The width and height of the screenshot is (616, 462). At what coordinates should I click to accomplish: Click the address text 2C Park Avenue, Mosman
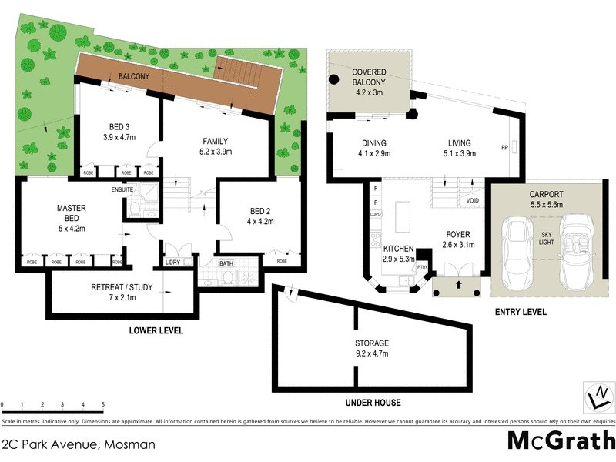click(x=79, y=444)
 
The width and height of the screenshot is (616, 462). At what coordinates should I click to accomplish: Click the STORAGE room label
click(x=372, y=348)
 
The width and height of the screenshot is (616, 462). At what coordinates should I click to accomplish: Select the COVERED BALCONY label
click(x=369, y=82)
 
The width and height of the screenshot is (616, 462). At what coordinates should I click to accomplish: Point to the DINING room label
click(x=373, y=148)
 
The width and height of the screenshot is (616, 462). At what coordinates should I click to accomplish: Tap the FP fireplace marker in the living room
click(x=505, y=147)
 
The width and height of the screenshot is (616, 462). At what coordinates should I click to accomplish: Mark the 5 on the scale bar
click(x=103, y=403)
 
